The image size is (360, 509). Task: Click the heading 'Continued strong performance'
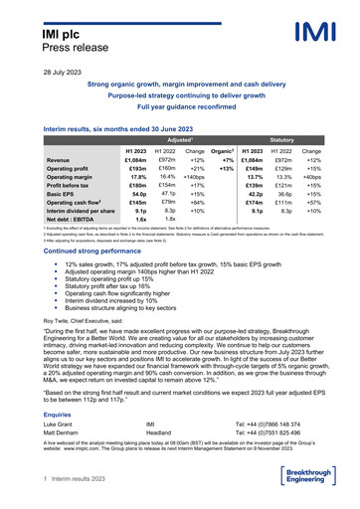(96, 240)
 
